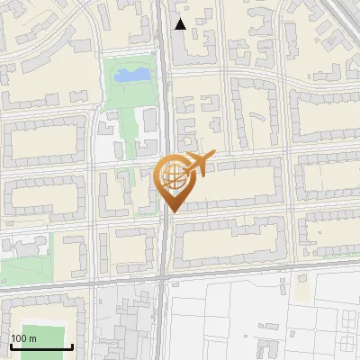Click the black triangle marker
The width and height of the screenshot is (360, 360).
pyautogui.click(x=181, y=24)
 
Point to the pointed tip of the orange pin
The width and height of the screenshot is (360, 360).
pyautogui.click(x=172, y=211)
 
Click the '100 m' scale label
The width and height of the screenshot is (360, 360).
pyautogui.click(x=24, y=338)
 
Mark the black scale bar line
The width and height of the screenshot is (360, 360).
pyautogui.click(x=40, y=346)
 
